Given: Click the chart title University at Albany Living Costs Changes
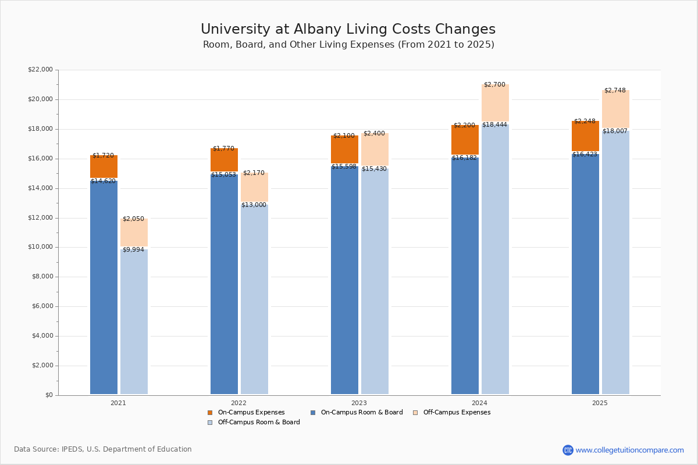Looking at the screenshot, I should tap(348, 30).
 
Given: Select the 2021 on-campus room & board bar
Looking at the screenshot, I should tap(104, 288).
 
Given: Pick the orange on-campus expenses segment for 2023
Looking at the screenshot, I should tap(344, 149).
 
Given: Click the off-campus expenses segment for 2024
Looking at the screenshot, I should tap(495, 103).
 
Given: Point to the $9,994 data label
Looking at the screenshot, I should tap(133, 250).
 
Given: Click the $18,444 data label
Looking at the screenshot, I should tap(494, 125).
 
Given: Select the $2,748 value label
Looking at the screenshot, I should tap(615, 91).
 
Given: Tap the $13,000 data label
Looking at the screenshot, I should tap(254, 205).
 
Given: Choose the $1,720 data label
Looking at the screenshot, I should tap(103, 156).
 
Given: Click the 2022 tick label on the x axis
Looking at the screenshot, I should tap(238, 403).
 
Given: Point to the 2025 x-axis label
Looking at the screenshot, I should tap(600, 403).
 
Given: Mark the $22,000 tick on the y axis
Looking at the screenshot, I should tap(40, 70).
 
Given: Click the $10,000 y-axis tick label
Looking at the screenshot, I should tap(40, 247).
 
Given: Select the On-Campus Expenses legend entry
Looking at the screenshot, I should tap(246, 413).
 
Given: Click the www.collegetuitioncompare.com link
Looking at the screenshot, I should tap(629, 450).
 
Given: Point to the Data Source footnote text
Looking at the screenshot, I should tap(103, 449).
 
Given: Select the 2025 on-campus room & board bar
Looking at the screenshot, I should tap(585, 273).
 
